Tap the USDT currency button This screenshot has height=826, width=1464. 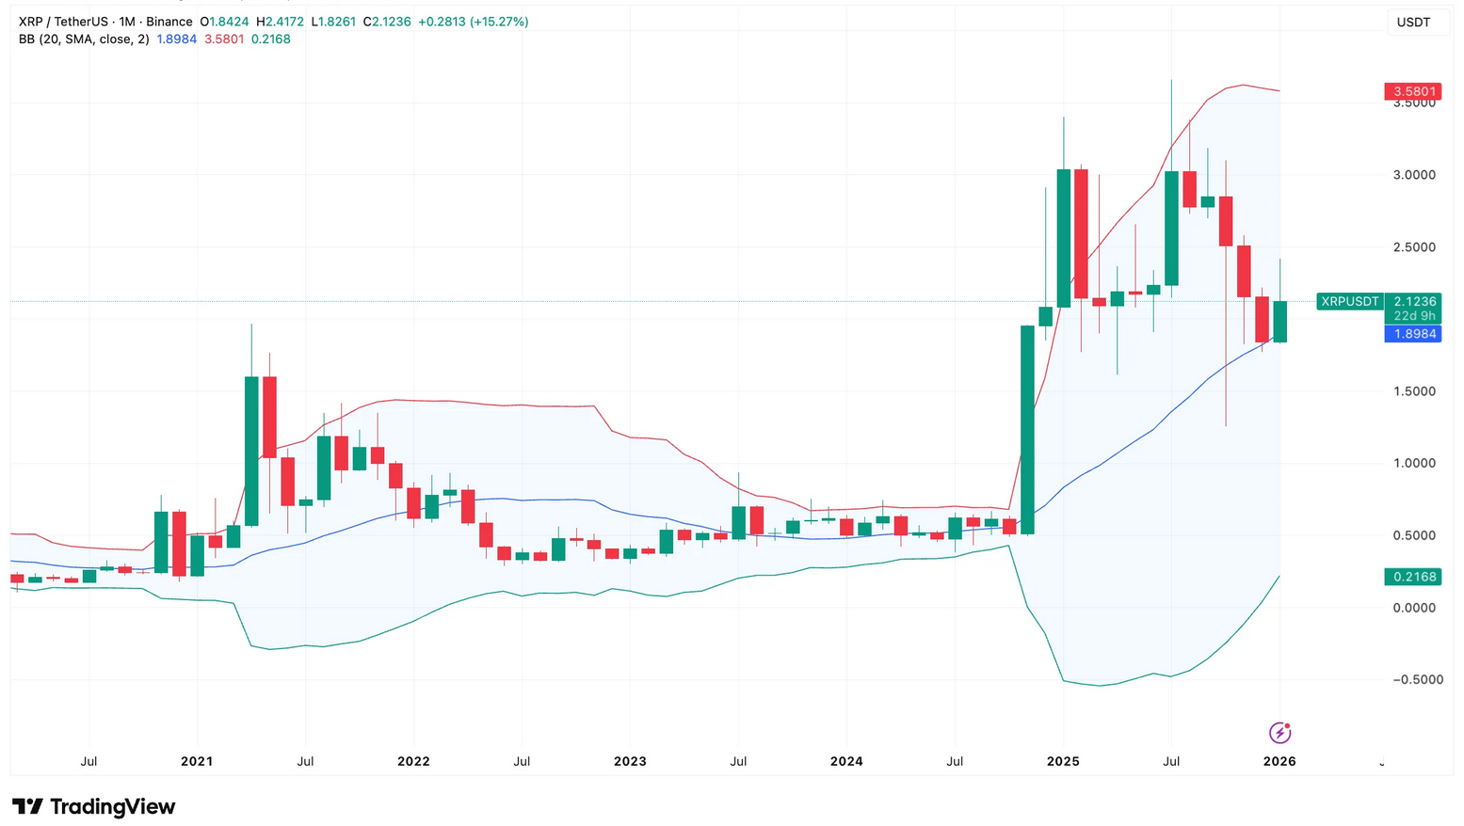coord(1413,23)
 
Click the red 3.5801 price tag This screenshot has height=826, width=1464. coord(1413,91)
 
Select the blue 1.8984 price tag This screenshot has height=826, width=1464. coord(1413,334)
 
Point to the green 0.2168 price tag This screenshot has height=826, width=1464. coord(1413,577)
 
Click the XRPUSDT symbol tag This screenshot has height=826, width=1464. coord(1349,302)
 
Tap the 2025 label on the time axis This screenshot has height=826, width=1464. coord(1063,761)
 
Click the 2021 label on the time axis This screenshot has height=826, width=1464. coord(197,761)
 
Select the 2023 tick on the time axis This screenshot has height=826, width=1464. coord(630,761)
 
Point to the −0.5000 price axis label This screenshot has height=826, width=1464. coord(1417,679)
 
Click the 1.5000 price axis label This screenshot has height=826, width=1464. coord(1414,391)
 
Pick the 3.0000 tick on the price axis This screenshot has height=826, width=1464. coord(1414,175)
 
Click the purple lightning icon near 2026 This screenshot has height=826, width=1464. coord(1279,732)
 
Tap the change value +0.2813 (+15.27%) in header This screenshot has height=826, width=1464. coord(474,22)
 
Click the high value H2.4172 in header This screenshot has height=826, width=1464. coord(280,22)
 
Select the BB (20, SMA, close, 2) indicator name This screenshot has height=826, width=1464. coord(84,40)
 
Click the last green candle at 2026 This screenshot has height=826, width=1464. coord(1279,322)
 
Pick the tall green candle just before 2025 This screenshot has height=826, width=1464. coord(1027,430)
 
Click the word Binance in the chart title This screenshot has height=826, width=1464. coord(169,22)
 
